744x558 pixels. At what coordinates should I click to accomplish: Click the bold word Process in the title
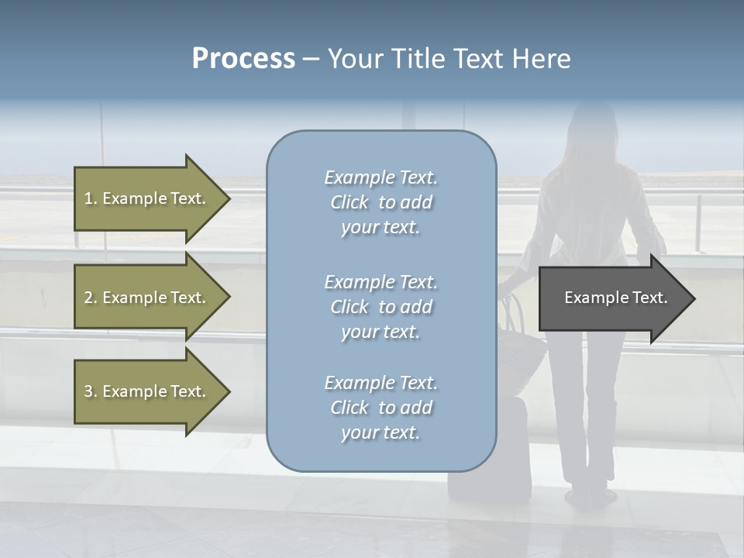[x=243, y=59]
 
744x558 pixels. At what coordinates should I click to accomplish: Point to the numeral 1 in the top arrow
[x=88, y=198]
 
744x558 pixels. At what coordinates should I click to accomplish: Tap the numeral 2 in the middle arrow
[x=88, y=298]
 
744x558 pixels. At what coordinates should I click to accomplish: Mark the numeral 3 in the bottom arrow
[x=88, y=391]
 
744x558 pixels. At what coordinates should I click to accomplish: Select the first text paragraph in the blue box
[x=381, y=202]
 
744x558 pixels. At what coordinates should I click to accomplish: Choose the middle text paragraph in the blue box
[x=381, y=307]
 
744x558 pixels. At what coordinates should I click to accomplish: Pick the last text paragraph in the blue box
[x=381, y=408]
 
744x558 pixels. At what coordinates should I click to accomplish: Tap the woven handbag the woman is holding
[x=524, y=349]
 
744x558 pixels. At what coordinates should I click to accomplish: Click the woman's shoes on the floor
[x=589, y=495]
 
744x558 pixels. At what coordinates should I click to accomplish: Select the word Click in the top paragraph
[x=350, y=202]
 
